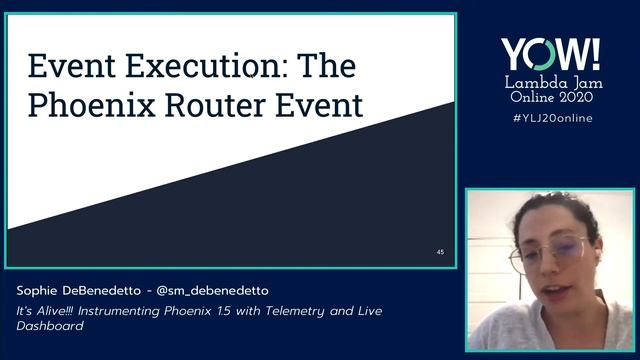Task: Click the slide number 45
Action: (440, 252)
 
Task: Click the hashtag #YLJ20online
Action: (550, 118)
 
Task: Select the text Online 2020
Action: (550, 99)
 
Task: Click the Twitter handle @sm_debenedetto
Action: (215, 290)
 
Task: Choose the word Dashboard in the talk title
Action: (49, 326)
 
